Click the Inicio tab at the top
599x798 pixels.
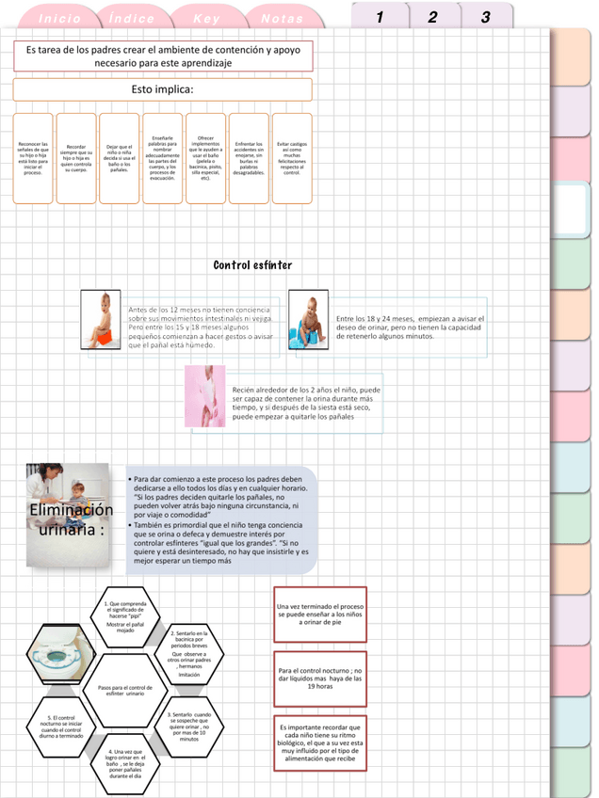tap(60, 19)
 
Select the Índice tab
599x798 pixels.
tap(133, 19)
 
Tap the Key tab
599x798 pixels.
tap(206, 19)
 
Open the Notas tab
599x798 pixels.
tap(282, 19)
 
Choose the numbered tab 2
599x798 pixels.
tap(432, 18)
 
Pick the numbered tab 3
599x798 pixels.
tap(485, 18)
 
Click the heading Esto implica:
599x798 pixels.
tap(162, 89)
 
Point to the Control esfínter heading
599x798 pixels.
tap(252, 265)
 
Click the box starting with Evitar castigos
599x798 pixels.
tap(292, 158)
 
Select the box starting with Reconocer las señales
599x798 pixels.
tap(33, 158)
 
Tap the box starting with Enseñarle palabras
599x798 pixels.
tap(162, 158)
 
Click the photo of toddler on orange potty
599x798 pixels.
tap(101, 320)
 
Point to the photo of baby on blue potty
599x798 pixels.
tap(308, 320)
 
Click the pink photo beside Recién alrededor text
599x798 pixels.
tap(205, 397)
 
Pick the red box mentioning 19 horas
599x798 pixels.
tap(319, 678)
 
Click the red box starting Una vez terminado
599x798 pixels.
tap(319, 614)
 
